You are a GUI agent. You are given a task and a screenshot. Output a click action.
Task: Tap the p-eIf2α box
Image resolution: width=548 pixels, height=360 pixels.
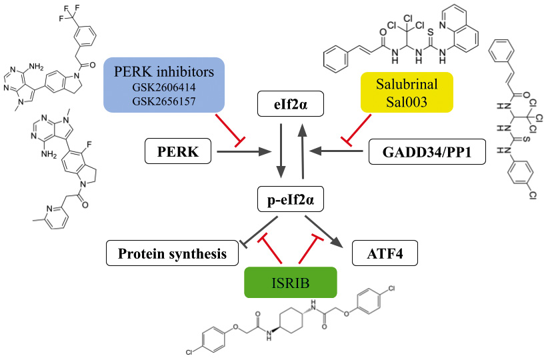coord(295,199)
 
